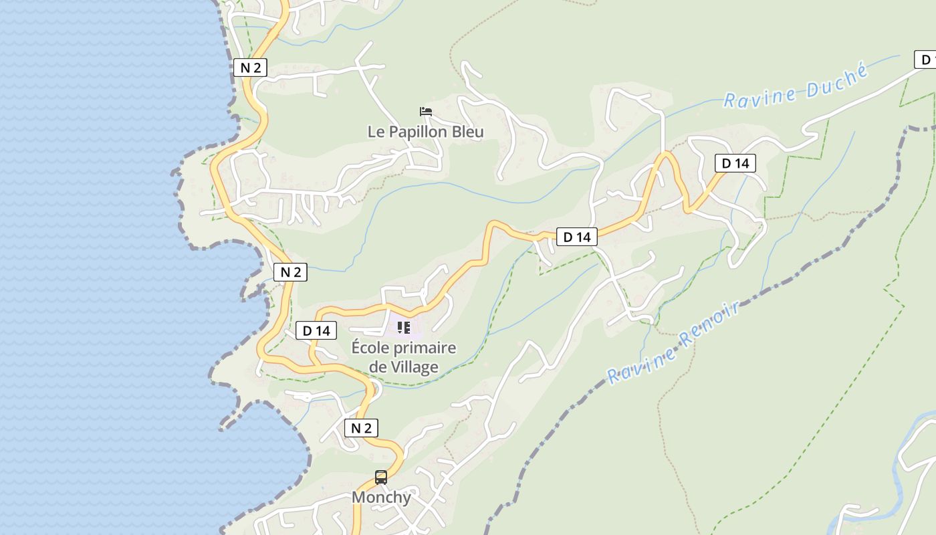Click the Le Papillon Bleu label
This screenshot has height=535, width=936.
425,132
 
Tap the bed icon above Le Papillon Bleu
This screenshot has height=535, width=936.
425,112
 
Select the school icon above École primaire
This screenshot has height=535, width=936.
404,328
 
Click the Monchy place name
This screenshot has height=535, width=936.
381,498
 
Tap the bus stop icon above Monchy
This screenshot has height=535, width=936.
381,477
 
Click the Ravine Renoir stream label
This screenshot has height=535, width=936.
674,342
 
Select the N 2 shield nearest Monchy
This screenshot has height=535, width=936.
361,428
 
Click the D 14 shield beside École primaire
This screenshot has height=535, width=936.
316,330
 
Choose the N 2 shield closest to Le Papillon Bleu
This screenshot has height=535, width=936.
250,67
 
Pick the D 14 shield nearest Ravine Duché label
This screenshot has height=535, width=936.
735,163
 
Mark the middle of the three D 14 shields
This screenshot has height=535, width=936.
576,237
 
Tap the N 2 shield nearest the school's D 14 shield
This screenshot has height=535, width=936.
290,272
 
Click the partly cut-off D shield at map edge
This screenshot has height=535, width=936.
925,60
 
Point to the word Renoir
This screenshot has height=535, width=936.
710,326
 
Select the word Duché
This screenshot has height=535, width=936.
836,80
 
